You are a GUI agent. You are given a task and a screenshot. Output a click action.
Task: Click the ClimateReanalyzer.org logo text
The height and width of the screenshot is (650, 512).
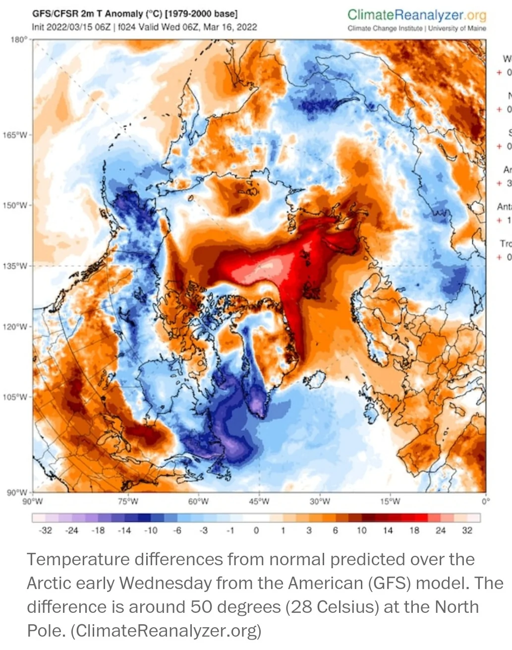417,15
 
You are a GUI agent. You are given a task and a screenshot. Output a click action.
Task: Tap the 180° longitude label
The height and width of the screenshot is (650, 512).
18,39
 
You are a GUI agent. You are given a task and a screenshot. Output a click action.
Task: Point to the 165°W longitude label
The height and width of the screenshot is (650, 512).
15,135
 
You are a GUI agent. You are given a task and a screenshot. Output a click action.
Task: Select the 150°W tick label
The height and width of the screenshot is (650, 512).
15,205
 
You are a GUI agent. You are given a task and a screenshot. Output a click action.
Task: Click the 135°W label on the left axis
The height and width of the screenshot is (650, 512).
15,266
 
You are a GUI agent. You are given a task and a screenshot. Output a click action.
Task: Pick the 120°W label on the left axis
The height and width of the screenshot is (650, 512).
15,327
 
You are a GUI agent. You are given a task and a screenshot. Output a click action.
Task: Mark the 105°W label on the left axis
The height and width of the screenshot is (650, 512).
15,397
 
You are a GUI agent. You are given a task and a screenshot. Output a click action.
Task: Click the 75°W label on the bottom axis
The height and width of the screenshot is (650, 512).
128,501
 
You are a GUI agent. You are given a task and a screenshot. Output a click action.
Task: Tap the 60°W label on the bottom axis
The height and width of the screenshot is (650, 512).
198,501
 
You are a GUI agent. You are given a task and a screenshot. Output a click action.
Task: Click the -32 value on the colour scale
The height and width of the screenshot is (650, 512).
45,531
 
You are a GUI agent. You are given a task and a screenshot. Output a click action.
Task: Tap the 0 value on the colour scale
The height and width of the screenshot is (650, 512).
256,531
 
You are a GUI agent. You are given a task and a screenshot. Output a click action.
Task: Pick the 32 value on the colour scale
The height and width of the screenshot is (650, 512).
467,531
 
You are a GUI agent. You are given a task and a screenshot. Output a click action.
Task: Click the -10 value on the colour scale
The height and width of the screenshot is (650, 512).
151,531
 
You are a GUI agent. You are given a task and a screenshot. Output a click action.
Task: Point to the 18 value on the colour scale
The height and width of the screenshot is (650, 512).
414,531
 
